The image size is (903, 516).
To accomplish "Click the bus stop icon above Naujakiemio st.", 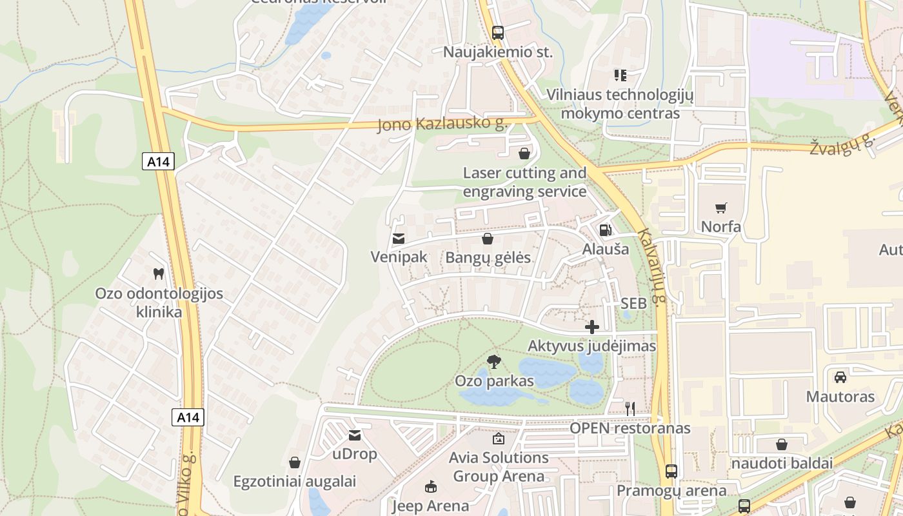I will pos(497,32).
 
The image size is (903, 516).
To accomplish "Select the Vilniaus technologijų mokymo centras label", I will pos(620,104).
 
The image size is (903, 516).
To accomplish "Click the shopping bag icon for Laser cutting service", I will pos(524,154).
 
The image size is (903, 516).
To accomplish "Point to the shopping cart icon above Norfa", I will pos(721,208).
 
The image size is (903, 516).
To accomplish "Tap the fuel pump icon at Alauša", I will pos(605,230).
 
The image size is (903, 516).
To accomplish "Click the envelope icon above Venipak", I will pos(399,239).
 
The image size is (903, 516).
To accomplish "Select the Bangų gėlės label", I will pos(488,257).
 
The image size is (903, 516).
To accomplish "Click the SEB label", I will pos(633,303).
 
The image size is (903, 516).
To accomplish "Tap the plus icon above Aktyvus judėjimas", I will pos(591,327).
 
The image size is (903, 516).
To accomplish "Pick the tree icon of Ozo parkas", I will pos(494,361).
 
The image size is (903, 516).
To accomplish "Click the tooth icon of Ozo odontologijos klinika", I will pos(158,274).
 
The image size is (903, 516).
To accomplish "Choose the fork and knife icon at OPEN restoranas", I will pos(630,408).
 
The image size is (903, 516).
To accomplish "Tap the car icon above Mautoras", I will pos(840,377).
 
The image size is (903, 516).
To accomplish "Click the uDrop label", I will pos(354,454).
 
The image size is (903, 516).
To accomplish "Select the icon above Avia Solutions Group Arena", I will pos(499,439).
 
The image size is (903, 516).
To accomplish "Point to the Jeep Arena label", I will pos(430,506).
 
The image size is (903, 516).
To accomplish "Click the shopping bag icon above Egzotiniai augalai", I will pos(295,462).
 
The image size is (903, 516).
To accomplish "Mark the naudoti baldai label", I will pos(782,463).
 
